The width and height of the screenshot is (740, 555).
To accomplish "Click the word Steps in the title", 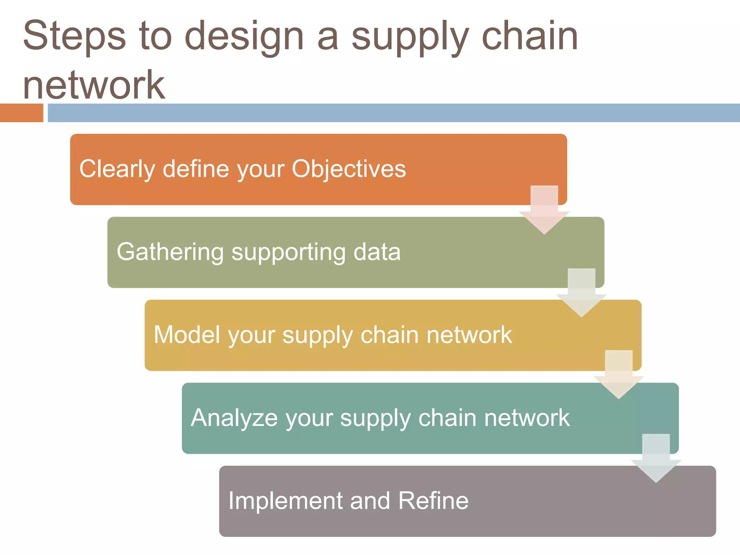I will pyautogui.click(x=74, y=36).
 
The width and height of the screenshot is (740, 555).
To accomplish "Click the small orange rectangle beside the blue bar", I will pyautogui.click(x=21, y=113).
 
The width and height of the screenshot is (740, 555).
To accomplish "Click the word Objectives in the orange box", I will pyautogui.click(x=349, y=169).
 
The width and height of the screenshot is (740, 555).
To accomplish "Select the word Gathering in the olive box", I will pyautogui.click(x=170, y=252).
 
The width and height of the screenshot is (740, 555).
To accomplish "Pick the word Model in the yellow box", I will pyautogui.click(x=187, y=335).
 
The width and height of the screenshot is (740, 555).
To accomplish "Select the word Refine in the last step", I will pyautogui.click(x=433, y=501).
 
